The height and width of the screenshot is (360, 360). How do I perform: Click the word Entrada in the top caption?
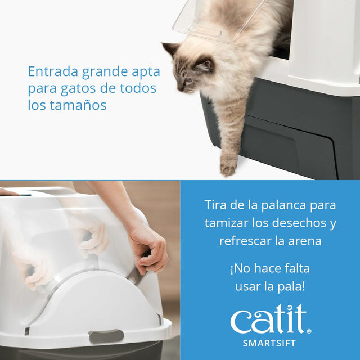click(x=52, y=72)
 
